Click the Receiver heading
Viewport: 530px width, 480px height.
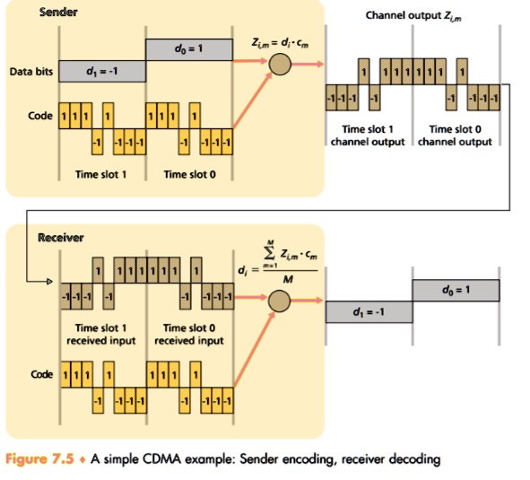pyautogui.click(x=60, y=238)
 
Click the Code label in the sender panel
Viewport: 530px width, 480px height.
pyautogui.click(x=40, y=117)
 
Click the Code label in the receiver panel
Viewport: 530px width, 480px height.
pyautogui.click(x=40, y=374)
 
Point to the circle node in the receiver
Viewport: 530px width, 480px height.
pyautogui.click(x=281, y=302)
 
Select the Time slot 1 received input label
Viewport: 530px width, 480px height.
pyautogui.click(x=100, y=335)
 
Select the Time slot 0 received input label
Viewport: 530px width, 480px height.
pyautogui.click(x=187, y=335)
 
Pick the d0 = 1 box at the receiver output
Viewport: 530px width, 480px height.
pyautogui.click(x=455, y=291)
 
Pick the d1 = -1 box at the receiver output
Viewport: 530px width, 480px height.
pyautogui.click(x=368, y=311)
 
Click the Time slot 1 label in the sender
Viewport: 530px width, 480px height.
pyautogui.click(x=100, y=174)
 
